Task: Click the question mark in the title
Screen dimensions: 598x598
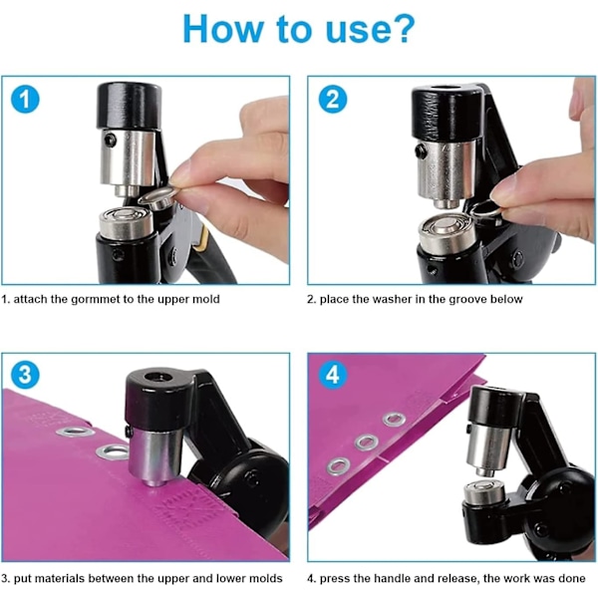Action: (x=400, y=29)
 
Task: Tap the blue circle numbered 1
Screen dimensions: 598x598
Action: (x=25, y=100)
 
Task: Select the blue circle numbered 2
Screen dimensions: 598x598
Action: (x=333, y=99)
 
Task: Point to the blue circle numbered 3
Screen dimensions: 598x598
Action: (x=25, y=375)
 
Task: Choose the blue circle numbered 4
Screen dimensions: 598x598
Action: (x=333, y=375)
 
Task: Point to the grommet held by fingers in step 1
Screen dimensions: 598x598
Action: (x=158, y=197)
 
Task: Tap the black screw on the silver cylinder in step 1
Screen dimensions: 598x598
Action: (x=111, y=141)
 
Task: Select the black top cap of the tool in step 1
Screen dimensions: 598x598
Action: (x=129, y=106)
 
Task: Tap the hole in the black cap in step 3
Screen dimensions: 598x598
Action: (x=158, y=377)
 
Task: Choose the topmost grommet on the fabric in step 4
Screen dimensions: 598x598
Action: (x=395, y=420)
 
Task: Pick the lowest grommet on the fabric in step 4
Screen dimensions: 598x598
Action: (x=338, y=466)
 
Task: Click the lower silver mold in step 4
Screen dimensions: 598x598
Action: (x=484, y=492)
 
